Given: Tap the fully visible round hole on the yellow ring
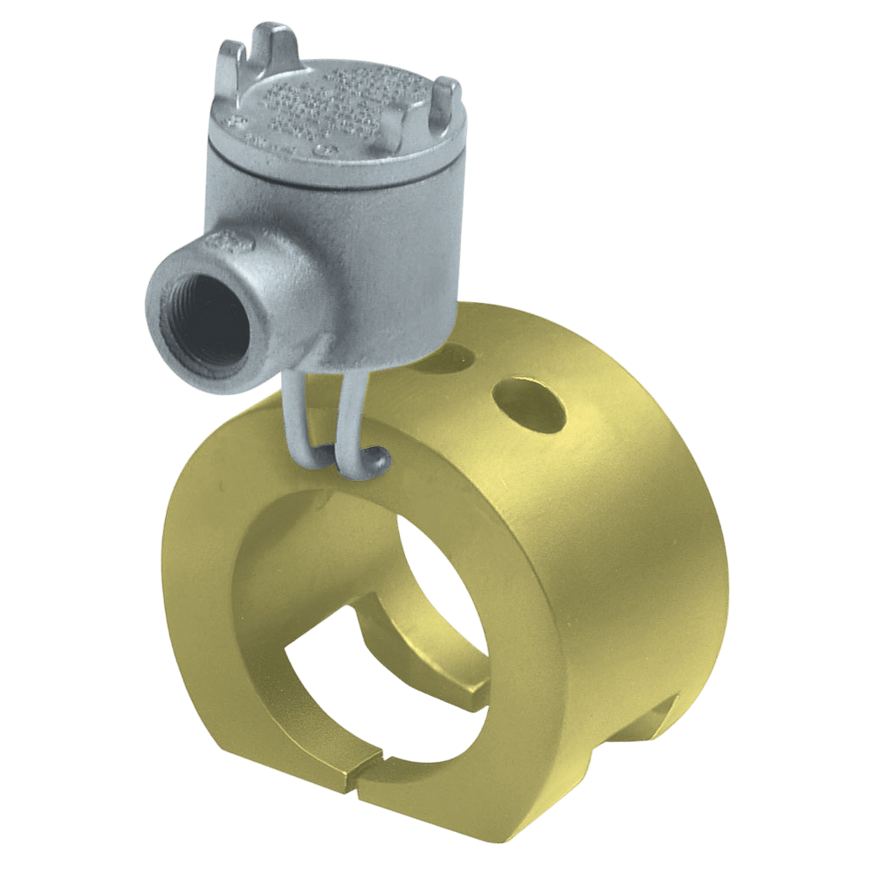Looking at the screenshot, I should click(x=527, y=403).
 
